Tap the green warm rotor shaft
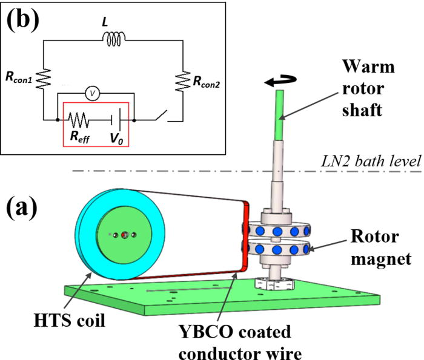(280, 115)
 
